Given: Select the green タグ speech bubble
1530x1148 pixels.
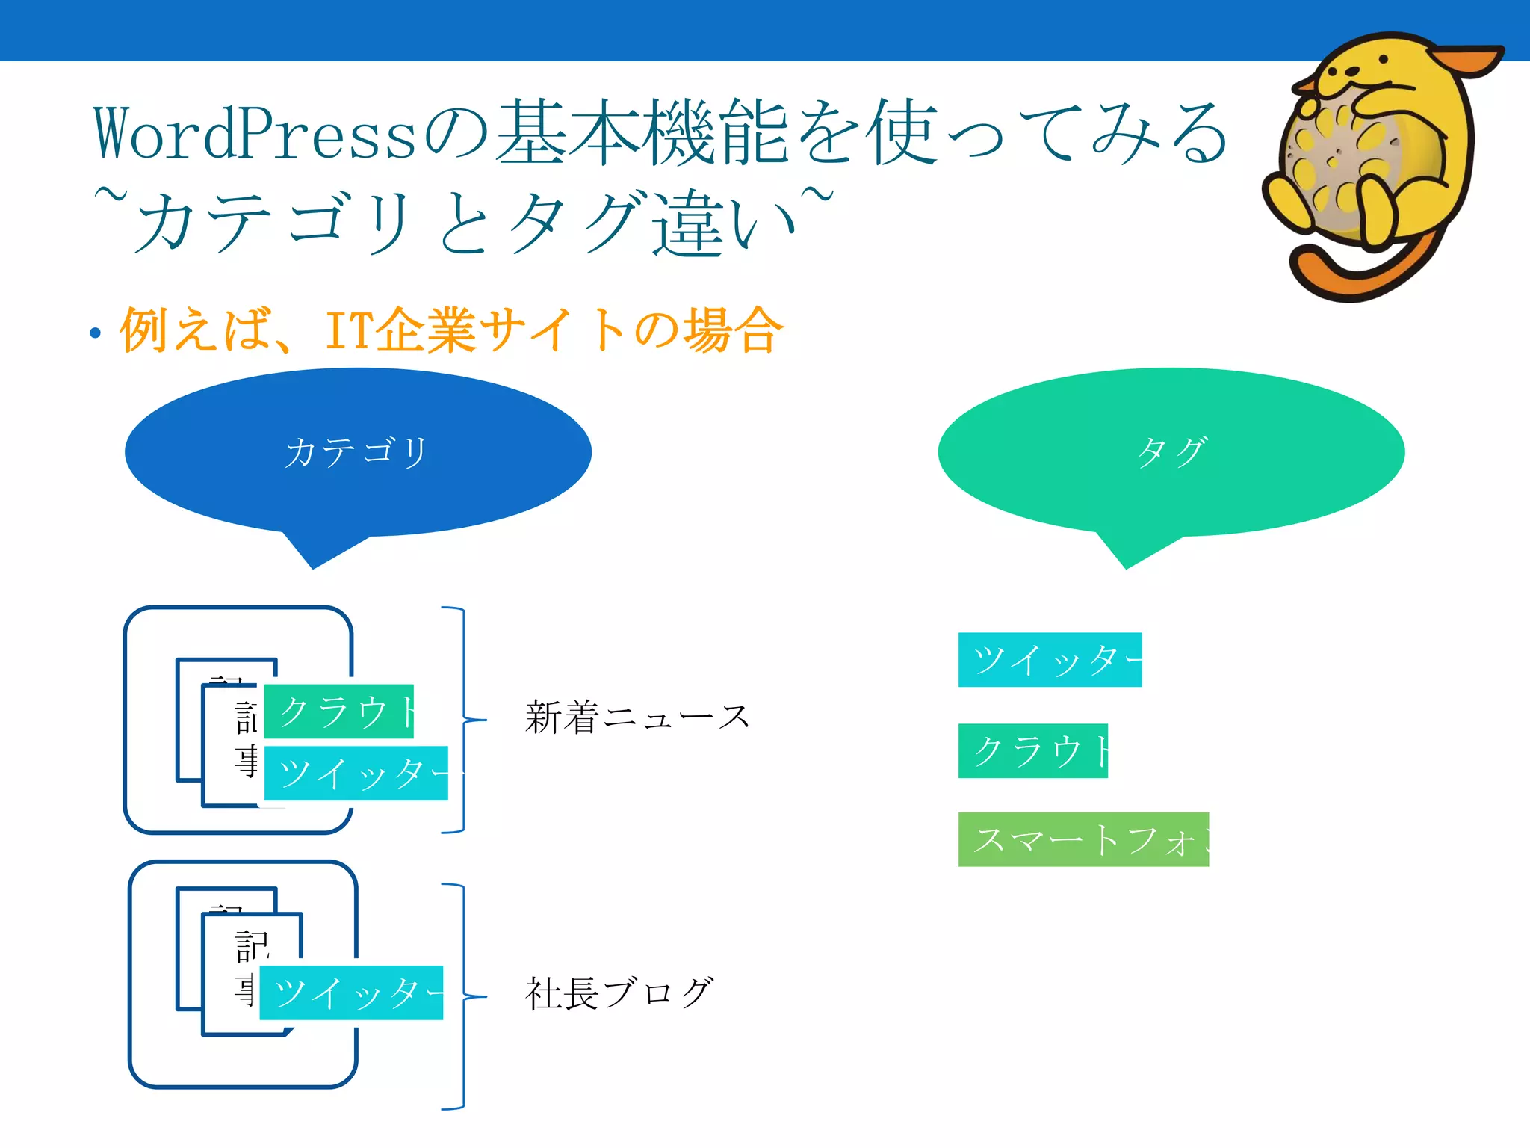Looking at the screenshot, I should [x=1171, y=452].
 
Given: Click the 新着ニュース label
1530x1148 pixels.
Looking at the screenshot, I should [x=637, y=718].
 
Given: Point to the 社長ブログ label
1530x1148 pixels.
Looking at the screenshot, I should [x=619, y=994].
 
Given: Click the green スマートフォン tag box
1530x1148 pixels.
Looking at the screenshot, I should [x=1083, y=839].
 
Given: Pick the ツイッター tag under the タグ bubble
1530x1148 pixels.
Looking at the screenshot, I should [x=1050, y=659].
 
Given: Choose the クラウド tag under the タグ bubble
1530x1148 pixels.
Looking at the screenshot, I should [x=1032, y=750].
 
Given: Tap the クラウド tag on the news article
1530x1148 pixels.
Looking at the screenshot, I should [x=338, y=711].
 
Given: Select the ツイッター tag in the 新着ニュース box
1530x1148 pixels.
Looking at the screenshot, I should [x=356, y=773].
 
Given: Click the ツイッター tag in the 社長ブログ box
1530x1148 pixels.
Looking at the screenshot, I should [x=351, y=993].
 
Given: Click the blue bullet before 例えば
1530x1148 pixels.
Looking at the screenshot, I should [x=95, y=333].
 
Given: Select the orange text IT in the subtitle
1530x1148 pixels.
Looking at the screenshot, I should [x=349, y=330].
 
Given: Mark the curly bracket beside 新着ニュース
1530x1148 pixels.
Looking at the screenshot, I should [x=465, y=720].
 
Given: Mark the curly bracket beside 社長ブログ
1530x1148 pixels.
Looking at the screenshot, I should [x=465, y=996].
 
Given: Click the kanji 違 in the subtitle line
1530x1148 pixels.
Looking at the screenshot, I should [x=689, y=223].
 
